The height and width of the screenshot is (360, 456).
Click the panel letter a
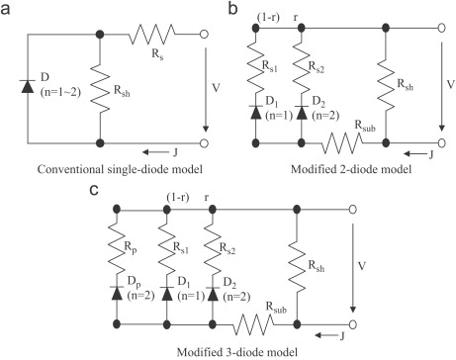coord(5,9)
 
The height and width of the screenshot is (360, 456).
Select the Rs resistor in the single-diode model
coord(152,34)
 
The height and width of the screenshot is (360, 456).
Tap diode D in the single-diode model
coord(28,86)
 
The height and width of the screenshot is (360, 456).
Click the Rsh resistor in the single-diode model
coord(100,88)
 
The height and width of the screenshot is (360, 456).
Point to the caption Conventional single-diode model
coord(120,169)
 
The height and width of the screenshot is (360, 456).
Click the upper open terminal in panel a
coord(204,34)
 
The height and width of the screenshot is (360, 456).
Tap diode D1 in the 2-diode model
coord(256,113)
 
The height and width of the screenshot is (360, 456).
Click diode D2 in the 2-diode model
coord(301,113)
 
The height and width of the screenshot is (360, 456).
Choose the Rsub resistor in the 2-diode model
coord(342,143)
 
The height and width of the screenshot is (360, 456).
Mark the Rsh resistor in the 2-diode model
coord(386,84)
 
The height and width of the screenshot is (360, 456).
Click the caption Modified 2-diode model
coord(351,169)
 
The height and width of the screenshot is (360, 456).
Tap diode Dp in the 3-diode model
coord(117,294)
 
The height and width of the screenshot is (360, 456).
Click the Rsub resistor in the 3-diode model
coord(253,324)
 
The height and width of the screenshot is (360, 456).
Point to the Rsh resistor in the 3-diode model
coord(297,266)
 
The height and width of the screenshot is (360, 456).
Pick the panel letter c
coord(94,191)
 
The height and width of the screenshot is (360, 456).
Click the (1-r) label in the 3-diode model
coord(178,198)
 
